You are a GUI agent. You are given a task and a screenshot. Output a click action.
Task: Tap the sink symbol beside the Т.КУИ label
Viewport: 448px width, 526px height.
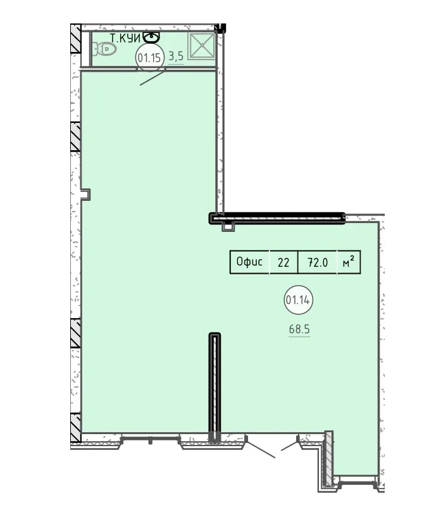151,37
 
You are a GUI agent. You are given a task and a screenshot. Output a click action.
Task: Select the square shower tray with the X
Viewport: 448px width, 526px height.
201,46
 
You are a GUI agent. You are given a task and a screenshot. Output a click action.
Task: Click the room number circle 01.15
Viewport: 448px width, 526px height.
149,58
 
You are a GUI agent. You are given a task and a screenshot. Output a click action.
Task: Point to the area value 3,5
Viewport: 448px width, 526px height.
176,56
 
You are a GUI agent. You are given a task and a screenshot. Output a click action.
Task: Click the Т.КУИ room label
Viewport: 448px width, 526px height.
125,39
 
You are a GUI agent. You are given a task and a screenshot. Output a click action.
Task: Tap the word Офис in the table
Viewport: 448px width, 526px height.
249,262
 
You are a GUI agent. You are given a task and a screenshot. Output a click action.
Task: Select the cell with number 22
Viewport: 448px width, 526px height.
283,262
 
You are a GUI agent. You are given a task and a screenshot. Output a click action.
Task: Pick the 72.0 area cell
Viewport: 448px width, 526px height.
318,262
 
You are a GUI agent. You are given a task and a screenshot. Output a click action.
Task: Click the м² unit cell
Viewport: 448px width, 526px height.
349,262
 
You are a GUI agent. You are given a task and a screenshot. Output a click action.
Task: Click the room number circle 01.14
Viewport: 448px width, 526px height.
298,300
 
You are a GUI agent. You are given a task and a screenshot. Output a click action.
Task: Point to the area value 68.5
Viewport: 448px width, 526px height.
299,329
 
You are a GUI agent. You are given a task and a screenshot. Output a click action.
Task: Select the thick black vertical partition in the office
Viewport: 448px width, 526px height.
215,387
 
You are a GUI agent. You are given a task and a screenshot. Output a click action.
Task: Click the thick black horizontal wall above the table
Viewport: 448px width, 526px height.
277,218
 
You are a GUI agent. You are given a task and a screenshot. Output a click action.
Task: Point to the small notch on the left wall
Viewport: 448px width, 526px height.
85,195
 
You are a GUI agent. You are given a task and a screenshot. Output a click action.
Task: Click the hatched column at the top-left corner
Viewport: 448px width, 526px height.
76,39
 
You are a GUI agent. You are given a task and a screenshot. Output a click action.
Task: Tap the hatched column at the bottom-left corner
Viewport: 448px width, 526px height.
76,428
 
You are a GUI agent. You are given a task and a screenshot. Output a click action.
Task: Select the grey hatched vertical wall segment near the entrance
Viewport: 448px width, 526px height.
329,458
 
